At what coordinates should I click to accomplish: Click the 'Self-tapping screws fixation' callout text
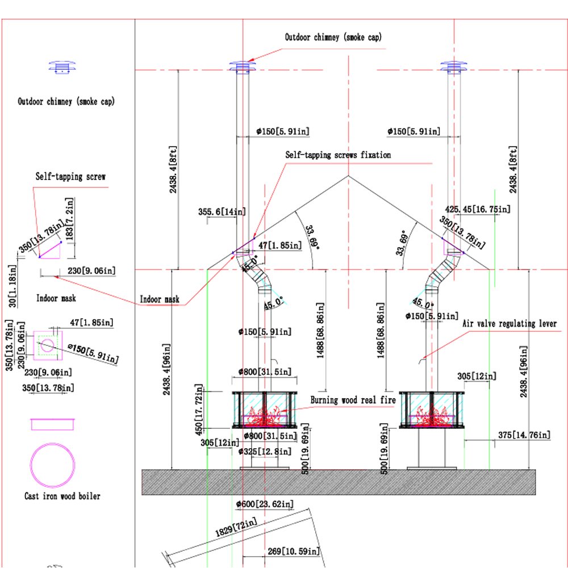click(338, 155)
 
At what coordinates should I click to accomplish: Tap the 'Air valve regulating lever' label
click(509, 324)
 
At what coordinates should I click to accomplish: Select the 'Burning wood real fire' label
click(353, 400)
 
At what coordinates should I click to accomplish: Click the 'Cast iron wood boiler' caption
click(62, 496)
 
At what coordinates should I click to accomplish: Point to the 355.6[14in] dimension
click(222, 211)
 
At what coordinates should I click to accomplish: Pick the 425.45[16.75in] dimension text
click(478, 209)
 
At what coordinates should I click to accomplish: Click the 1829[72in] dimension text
click(236, 528)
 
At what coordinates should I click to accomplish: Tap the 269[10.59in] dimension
click(294, 552)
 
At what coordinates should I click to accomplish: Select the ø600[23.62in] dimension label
click(265, 504)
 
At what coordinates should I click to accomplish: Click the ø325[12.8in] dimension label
click(265, 452)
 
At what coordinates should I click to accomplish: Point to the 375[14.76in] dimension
click(524, 435)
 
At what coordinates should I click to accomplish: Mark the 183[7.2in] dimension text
click(69, 219)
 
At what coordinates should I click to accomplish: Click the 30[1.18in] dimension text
click(12, 286)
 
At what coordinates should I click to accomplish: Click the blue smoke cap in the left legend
click(62, 68)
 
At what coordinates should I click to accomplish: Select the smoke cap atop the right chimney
click(453, 68)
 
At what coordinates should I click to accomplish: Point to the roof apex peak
click(349, 176)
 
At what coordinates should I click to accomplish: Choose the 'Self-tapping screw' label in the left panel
click(70, 177)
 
